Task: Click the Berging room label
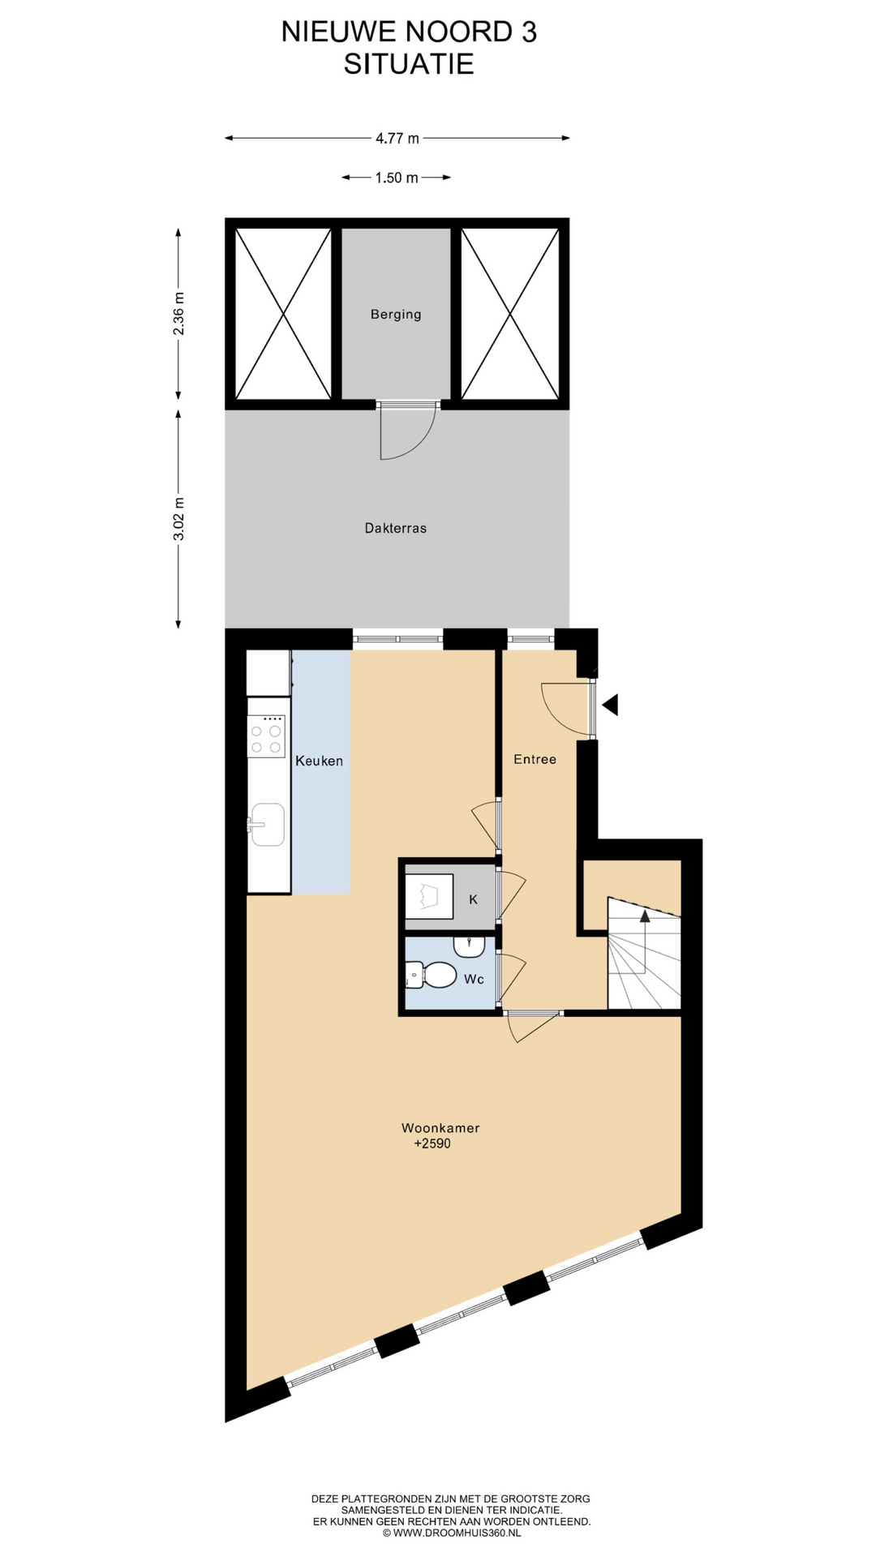[x=396, y=315]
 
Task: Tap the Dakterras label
[x=396, y=528]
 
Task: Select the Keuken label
[x=319, y=761]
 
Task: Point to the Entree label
[x=535, y=759]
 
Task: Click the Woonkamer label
[x=440, y=1128]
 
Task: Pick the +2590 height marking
[x=432, y=1144]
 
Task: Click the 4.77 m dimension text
[x=397, y=139]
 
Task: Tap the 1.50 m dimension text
[x=397, y=178]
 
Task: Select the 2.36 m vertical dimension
[x=179, y=314]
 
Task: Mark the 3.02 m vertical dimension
[x=179, y=518]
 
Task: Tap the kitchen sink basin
[x=268, y=824]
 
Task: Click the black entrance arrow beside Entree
[x=610, y=705]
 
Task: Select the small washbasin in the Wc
[x=469, y=946]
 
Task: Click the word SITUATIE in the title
[x=409, y=64]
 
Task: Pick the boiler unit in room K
[x=428, y=896]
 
